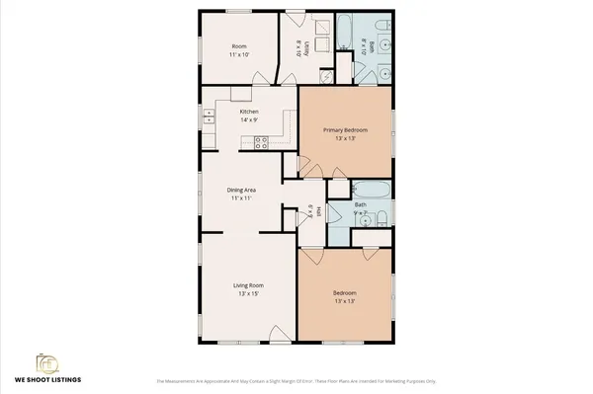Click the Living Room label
coord(248,285)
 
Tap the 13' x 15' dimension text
coord(248,294)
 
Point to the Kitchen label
coord(249,112)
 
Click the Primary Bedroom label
coord(345,129)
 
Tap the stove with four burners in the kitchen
coord(262,141)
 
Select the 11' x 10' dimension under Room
coord(239,54)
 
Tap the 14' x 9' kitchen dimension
coord(249,120)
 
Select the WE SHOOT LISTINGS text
coord(47,379)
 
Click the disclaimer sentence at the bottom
coord(296,380)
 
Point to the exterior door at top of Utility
coord(295,17)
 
